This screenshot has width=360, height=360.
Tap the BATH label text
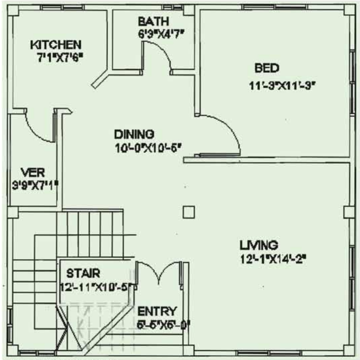point(153,22)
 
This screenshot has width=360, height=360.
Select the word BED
point(267,68)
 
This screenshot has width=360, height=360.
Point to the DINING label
point(134,134)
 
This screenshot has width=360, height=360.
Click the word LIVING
point(259,245)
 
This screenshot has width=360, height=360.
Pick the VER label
point(33,172)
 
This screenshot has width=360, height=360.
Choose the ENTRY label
point(157,312)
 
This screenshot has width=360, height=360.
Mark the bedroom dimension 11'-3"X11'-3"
point(282,85)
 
